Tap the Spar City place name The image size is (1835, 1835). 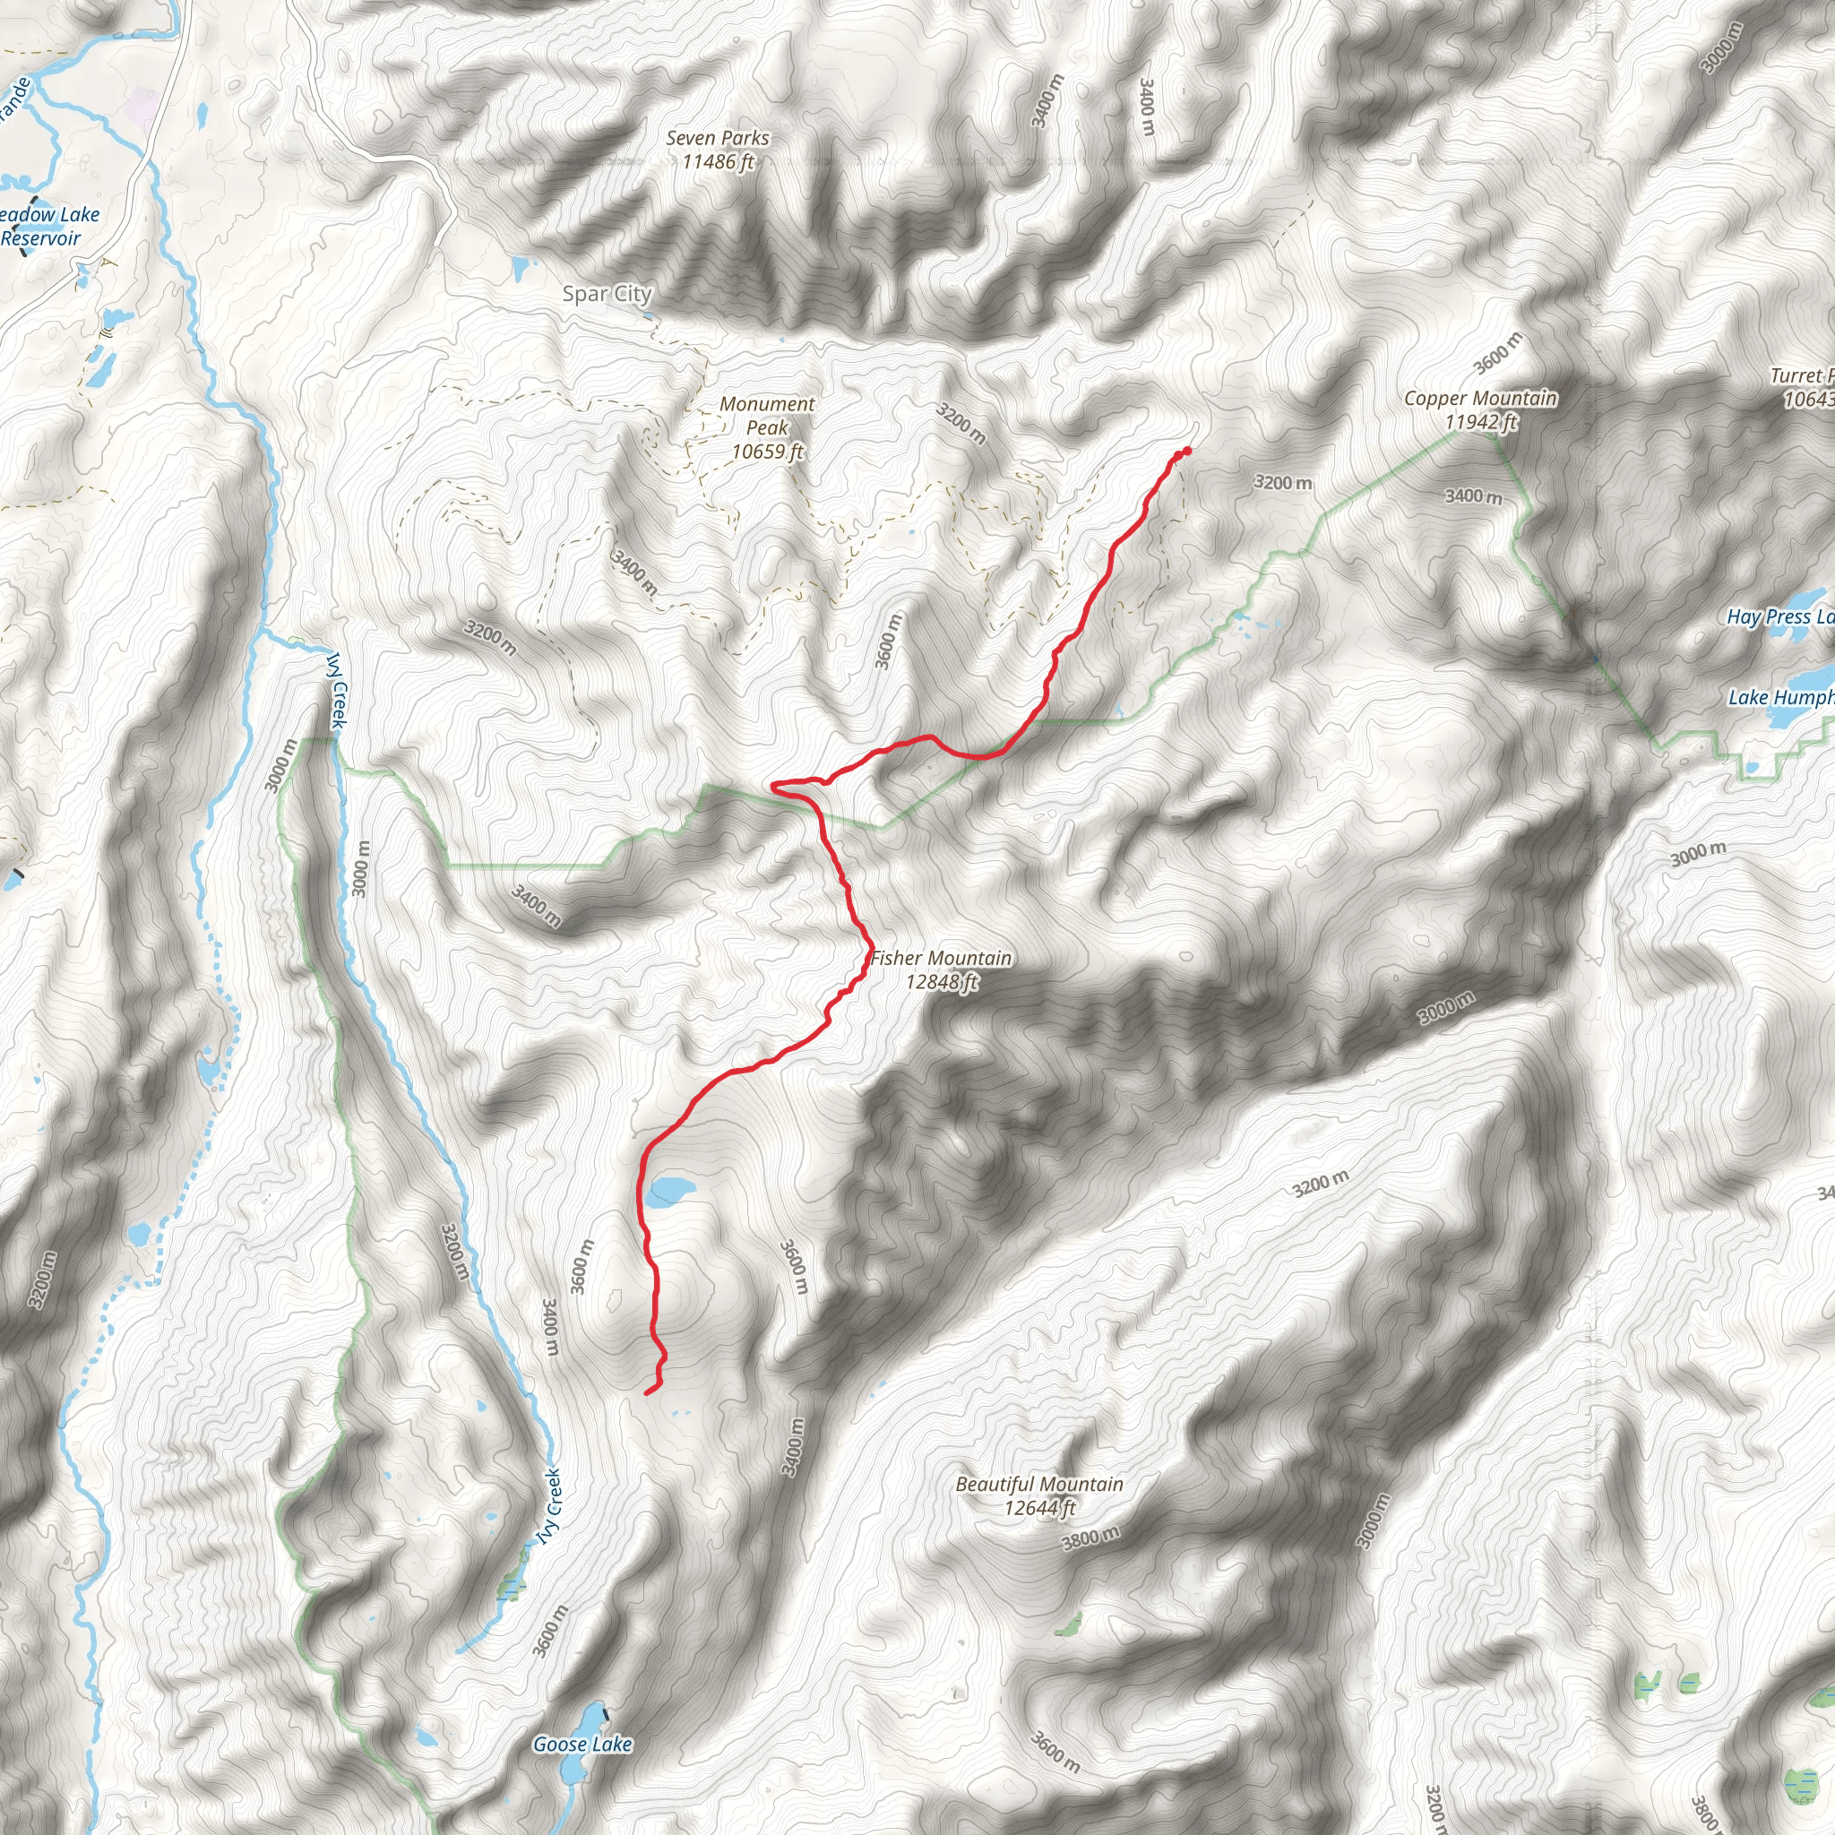(x=607, y=295)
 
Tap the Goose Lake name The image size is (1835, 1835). (x=582, y=1745)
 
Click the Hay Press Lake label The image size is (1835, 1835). (x=1779, y=616)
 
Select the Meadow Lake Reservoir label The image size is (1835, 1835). (x=47, y=227)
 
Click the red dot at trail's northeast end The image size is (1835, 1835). (x=1186, y=452)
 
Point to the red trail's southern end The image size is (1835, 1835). (x=648, y=1392)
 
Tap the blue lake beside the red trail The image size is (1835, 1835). (x=668, y=1189)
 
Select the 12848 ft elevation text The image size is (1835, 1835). (x=942, y=982)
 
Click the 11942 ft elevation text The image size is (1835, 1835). (x=1481, y=423)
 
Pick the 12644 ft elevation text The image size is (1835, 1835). (x=1039, y=1508)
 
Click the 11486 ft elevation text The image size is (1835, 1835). (x=717, y=162)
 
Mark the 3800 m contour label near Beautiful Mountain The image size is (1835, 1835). (x=1090, y=1538)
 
